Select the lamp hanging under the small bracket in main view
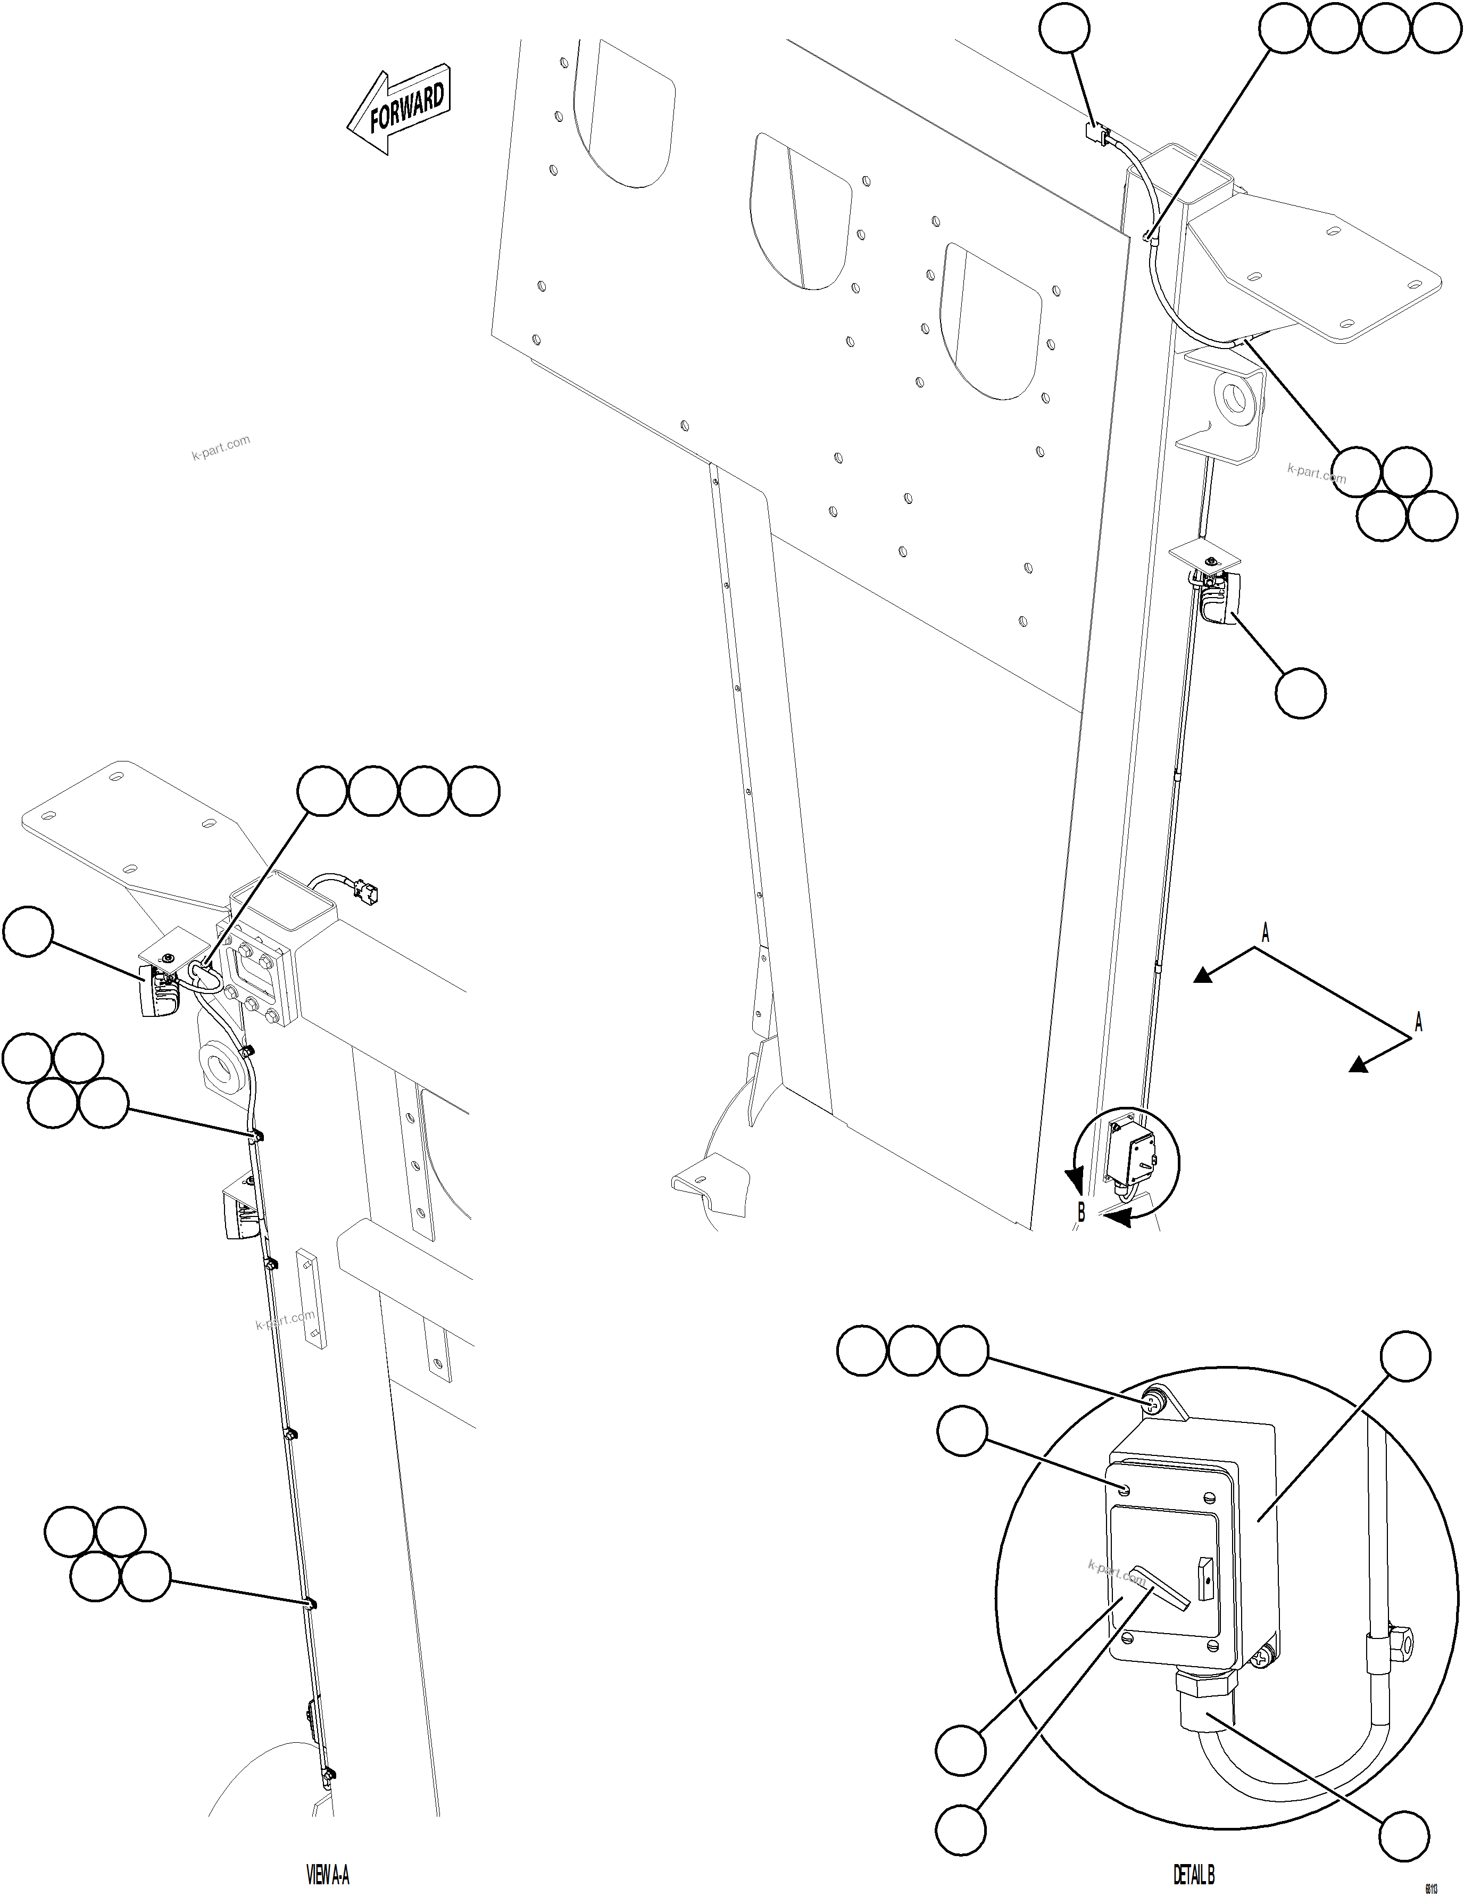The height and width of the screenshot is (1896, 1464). [x=1218, y=602]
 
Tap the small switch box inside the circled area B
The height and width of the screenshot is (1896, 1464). [x=1132, y=1155]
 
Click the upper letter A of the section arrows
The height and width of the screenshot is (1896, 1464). [x=1265, y=934]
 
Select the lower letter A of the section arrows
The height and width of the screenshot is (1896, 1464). [x=1418, y=1023]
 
